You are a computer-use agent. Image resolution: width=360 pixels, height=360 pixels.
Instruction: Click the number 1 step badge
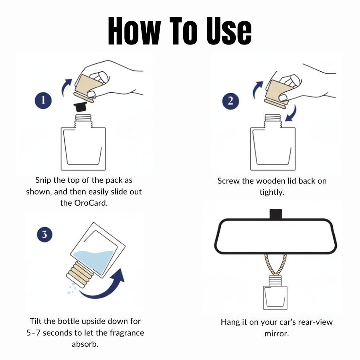click(43, 101)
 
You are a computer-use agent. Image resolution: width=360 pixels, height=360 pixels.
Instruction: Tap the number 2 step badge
click(231, 101)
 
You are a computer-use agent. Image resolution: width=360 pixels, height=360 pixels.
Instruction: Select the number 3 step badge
click(44, 235)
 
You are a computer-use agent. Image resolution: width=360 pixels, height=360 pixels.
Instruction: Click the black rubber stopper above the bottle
click(80, 107)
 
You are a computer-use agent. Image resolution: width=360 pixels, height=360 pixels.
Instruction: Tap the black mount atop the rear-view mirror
click(275, 214)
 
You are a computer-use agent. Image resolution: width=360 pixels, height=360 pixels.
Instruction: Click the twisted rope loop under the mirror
click(275, 264)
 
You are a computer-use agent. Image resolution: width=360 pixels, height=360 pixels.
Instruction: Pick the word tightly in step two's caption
click(272, 192)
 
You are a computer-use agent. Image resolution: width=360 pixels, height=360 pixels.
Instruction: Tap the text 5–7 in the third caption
click(34, 333)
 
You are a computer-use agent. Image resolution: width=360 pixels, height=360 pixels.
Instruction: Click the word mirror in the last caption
click(277, 334)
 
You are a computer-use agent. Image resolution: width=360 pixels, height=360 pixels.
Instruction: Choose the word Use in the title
click(229, 31)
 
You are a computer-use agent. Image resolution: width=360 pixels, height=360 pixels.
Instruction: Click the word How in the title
click(134, 31)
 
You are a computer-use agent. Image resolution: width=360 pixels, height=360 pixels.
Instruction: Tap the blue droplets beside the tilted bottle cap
click(72, 289)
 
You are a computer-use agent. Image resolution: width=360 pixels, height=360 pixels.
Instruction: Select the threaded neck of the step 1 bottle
click(83, 121)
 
